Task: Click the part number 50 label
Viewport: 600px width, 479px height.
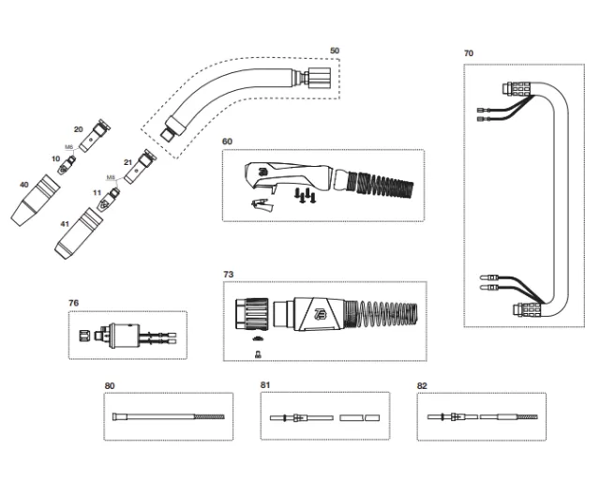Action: pyautogui.click(x=335, y=50)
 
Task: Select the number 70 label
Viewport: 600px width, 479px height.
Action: pyautogui.click(x=469, y=53)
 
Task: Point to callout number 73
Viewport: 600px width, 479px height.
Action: pyautogui.click(x=228, y=274)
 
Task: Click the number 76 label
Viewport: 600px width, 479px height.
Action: pyautogui.click(x=74, y=303)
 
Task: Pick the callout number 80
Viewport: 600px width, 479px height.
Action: pyautogui.click(x=110, y=385)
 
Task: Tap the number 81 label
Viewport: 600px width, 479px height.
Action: pyautogui.click(x=265, y=385)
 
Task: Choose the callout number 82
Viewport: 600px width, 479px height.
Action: pyautogui.click(x=422, y=385)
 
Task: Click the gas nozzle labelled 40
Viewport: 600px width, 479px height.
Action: pyautogui.click(x=36, y=203)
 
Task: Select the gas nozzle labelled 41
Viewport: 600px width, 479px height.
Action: pyautogui.click(x=75, y=239)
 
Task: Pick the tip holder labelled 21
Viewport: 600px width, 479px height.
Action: pyautogui.click(x=142, y=167)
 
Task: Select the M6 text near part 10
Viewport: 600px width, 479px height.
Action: pyautogui.click(x=68, y=147)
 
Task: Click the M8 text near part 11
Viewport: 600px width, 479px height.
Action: pyautogui.click(x=110, y=176)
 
